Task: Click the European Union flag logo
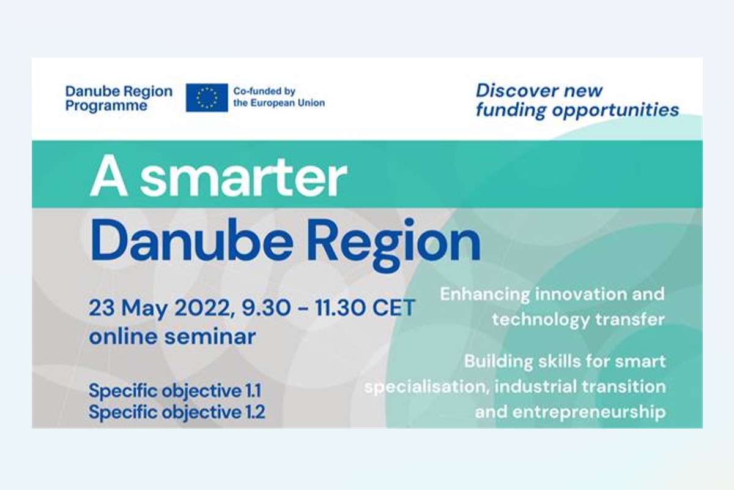pos(207,97)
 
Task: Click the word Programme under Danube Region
pos(106,107)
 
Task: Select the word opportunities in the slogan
pos(616,110)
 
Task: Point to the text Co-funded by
pos(264,91)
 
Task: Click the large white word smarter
pos(243,177)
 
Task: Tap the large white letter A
pos(108,176)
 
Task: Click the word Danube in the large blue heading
pos(191,241)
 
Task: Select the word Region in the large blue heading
pos(394,244)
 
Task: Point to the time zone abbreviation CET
pos(394,308)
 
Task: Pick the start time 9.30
pos(267,308)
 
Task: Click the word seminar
pos(210,337)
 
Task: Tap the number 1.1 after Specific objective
pos(253,391)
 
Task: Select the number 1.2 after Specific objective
pos(254,412)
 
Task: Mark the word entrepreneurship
pos(589,413)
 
